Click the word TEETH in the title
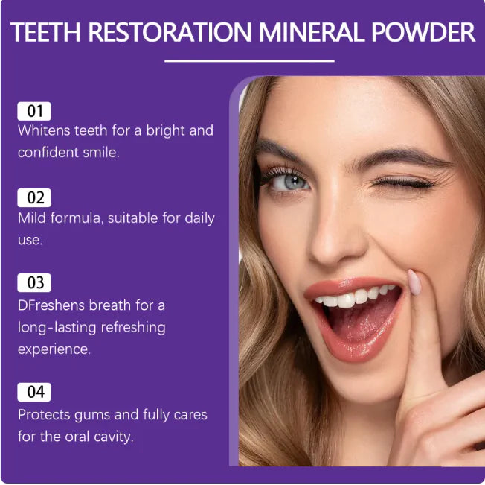click(x=46, y=32)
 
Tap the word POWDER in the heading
click(x=423, y=32)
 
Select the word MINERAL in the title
click(x=312, y=32)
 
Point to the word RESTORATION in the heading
click(x=170, y=32)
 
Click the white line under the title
click(x=249, y=61)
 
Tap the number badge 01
click(x=34, y=111)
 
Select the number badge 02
click(x=34, y=197)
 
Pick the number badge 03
click(x=34, y=283)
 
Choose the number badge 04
click(x=34, y=392)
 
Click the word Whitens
click(x=44, y=130)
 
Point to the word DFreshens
click(x=51, y=305)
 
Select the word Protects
click(x=44, y=415)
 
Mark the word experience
click(x=54, y=350)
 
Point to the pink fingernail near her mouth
click(x=414, y=282)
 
